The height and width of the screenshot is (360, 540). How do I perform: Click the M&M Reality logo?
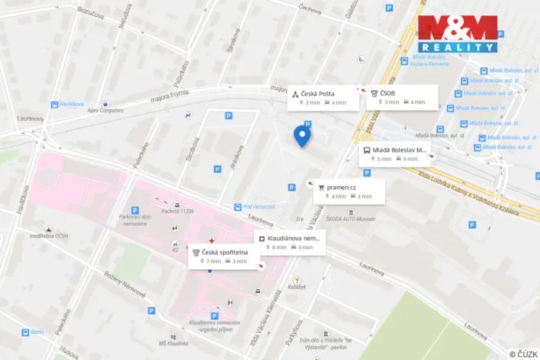[457, 34]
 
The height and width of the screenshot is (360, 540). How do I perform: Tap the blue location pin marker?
[302, 136]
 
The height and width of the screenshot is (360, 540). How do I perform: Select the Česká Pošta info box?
[322, 98]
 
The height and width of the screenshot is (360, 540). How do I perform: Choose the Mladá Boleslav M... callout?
[395, 155]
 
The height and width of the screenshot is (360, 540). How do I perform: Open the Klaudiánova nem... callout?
[291, 242]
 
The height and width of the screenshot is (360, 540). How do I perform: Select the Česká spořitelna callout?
[224, 256]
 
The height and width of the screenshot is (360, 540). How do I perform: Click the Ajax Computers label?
[105, 110]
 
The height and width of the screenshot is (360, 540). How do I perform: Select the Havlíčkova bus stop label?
[71, 103]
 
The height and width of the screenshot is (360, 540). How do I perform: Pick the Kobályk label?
[297, 287]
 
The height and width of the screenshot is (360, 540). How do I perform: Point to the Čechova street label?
[310, 10]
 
